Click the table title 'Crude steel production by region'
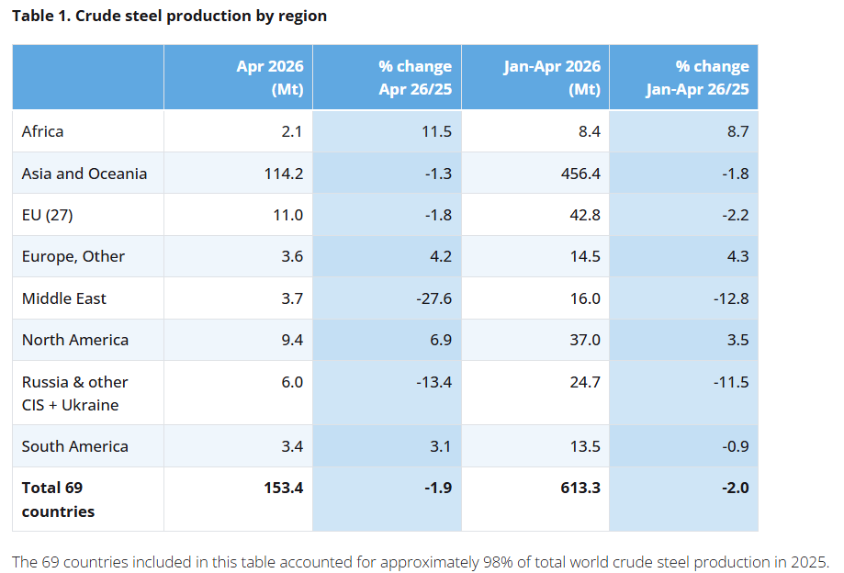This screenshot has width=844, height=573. [x=201, y=17]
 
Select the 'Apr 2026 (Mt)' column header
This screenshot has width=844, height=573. [x=270, y=77]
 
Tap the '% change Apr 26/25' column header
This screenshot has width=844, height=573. [x=415, y=77]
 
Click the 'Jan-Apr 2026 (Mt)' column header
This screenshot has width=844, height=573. [x=552, y=77]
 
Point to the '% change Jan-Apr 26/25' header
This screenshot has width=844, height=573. [x=698, y=77]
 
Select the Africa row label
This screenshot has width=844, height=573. [x=42, y=131]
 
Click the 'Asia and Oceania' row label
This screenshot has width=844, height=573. [x=84, y=174]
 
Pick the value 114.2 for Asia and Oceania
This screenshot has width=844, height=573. [x=284, y=174]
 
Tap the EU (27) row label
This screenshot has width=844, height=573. [x=48, y=215]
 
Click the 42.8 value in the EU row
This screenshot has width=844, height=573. [x=585, y=215]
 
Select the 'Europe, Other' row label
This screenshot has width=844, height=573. [x=73, y=256]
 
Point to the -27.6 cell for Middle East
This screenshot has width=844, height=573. [x=433, y=298]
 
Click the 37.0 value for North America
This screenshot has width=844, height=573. [x=585, y=340]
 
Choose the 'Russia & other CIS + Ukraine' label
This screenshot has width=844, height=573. [x=74, y=393]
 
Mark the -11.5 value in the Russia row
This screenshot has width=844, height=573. [x=731, y=382]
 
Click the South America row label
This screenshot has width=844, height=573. [x=74, y=446]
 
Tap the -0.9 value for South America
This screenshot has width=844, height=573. [x=736, y=446]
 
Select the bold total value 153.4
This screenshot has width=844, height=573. [x=284, y=488]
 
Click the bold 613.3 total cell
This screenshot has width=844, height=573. [x=580, y=488]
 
